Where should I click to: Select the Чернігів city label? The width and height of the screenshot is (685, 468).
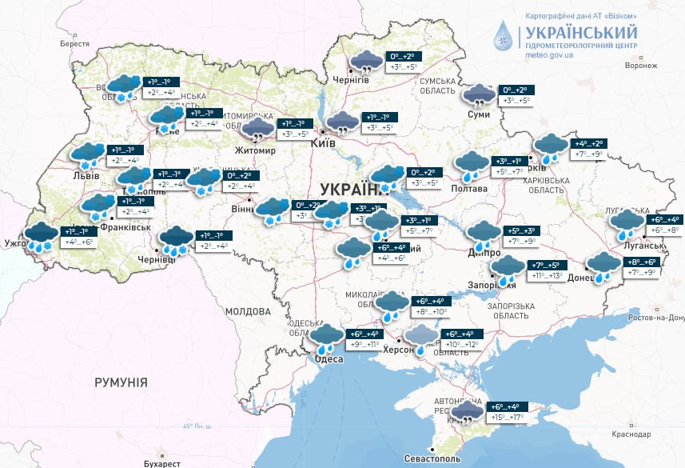pyautogui.click(x=351, y=80)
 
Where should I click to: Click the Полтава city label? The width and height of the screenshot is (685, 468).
pyautogui.click(x=471, y=188)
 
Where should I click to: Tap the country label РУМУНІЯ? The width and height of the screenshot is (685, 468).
pyautogui.click(x=121, y=382)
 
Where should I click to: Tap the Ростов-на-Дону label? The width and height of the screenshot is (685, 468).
pyautogui.click(x=655, y=318)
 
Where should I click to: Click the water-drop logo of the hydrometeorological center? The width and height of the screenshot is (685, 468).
pyautogui.click(x=504, y=36)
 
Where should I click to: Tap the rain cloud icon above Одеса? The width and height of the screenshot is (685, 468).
pyautogui.click(x=326, y=338)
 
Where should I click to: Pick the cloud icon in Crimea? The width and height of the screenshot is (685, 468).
pyautogui.click(x=466, y=413)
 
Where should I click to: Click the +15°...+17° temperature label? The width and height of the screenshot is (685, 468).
pyautogui.click(x=506, y=418)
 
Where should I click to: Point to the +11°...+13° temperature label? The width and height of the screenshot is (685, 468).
pyautogui.click(x=548, y=276)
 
